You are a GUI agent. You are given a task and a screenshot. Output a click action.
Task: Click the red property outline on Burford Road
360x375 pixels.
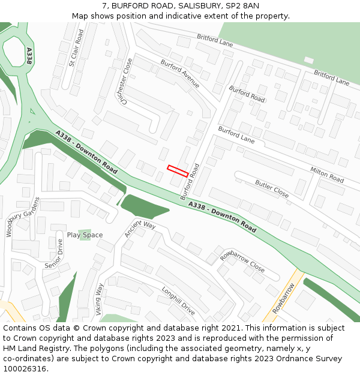[178, 171]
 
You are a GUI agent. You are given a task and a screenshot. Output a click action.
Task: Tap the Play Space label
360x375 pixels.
[85, 235]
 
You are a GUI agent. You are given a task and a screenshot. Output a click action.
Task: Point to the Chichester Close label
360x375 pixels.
[126, 81]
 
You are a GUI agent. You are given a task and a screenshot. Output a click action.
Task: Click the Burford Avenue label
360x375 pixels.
[179, 74]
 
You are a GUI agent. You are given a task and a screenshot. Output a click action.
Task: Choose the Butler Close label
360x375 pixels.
[272, 188]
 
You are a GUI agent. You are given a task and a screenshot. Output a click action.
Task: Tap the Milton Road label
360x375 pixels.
[327, 175]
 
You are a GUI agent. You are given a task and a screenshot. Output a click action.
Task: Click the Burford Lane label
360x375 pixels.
[236, 135]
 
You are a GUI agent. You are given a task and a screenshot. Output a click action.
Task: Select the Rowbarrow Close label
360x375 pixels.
[242, 262]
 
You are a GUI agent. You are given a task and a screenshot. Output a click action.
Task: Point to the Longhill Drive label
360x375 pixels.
[178, 301]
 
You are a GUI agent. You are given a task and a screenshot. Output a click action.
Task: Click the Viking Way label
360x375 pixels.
[99, 298]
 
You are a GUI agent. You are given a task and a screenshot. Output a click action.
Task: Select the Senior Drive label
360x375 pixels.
[54, 254]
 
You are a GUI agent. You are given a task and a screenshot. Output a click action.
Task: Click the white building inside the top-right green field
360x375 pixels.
[308, 60]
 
